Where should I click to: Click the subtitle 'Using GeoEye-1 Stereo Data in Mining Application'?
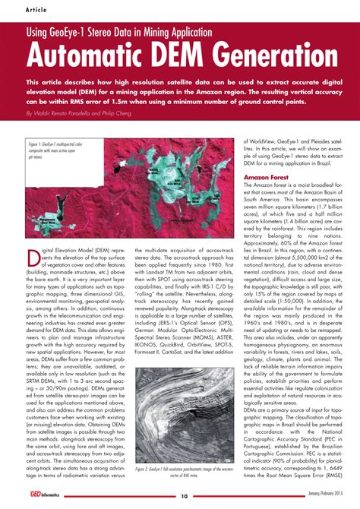tap(119, 32)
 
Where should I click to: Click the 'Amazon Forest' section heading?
tap(267, 177)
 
